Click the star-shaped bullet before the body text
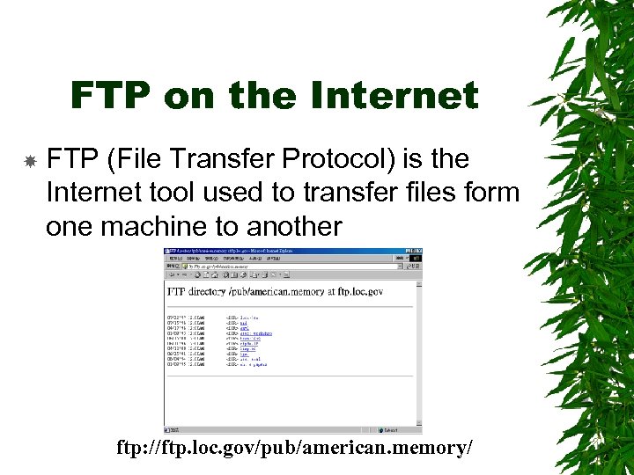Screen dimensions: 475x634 pyautogui.click(x=29, y=161)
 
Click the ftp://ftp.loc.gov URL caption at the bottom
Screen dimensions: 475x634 pyautogui.click(x=295, y=448)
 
